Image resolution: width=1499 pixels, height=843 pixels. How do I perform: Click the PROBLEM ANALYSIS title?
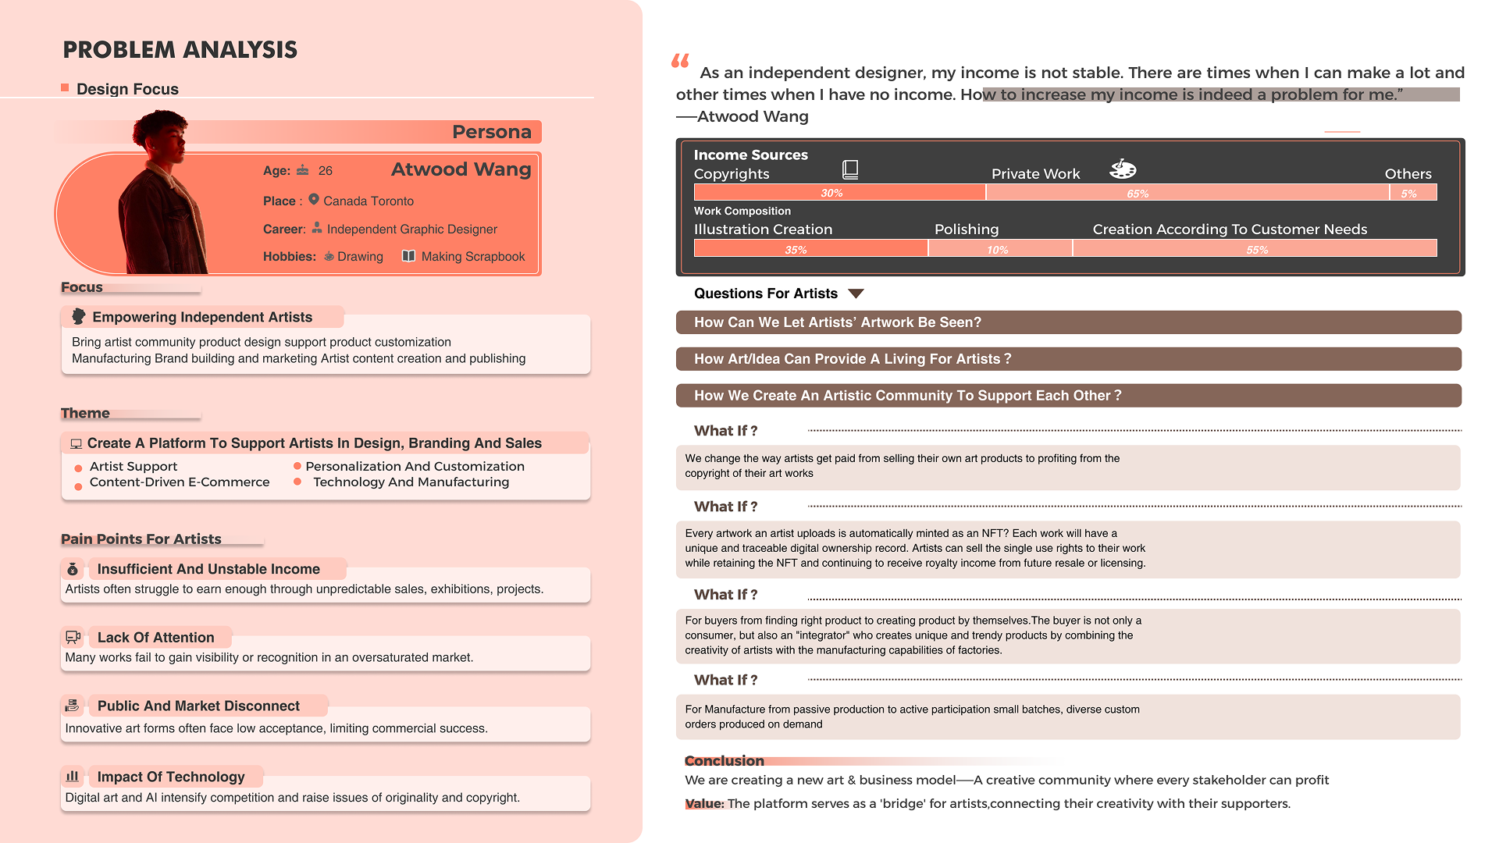180,50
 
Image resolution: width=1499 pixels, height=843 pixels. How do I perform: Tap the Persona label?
491,132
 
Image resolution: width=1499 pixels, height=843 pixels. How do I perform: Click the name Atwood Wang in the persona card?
461,169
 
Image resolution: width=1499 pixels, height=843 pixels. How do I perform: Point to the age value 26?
326,171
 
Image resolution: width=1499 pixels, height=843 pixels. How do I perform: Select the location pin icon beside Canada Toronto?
314,200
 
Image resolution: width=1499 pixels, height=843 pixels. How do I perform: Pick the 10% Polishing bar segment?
999,249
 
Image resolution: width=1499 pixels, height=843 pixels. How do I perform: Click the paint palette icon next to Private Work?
1123,169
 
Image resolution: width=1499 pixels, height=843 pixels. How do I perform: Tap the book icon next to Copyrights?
850,169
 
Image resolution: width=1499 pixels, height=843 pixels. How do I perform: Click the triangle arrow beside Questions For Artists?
856,293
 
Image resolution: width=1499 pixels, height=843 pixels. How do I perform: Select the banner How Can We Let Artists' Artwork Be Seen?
1068,322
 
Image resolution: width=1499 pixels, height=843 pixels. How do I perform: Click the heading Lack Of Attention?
155,638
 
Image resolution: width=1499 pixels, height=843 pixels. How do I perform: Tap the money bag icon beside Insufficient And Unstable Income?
73,569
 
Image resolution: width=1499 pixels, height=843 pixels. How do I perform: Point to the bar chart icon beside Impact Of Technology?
73,776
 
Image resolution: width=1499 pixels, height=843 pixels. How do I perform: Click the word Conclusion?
724,761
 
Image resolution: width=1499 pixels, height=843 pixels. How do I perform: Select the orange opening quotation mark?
680,61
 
